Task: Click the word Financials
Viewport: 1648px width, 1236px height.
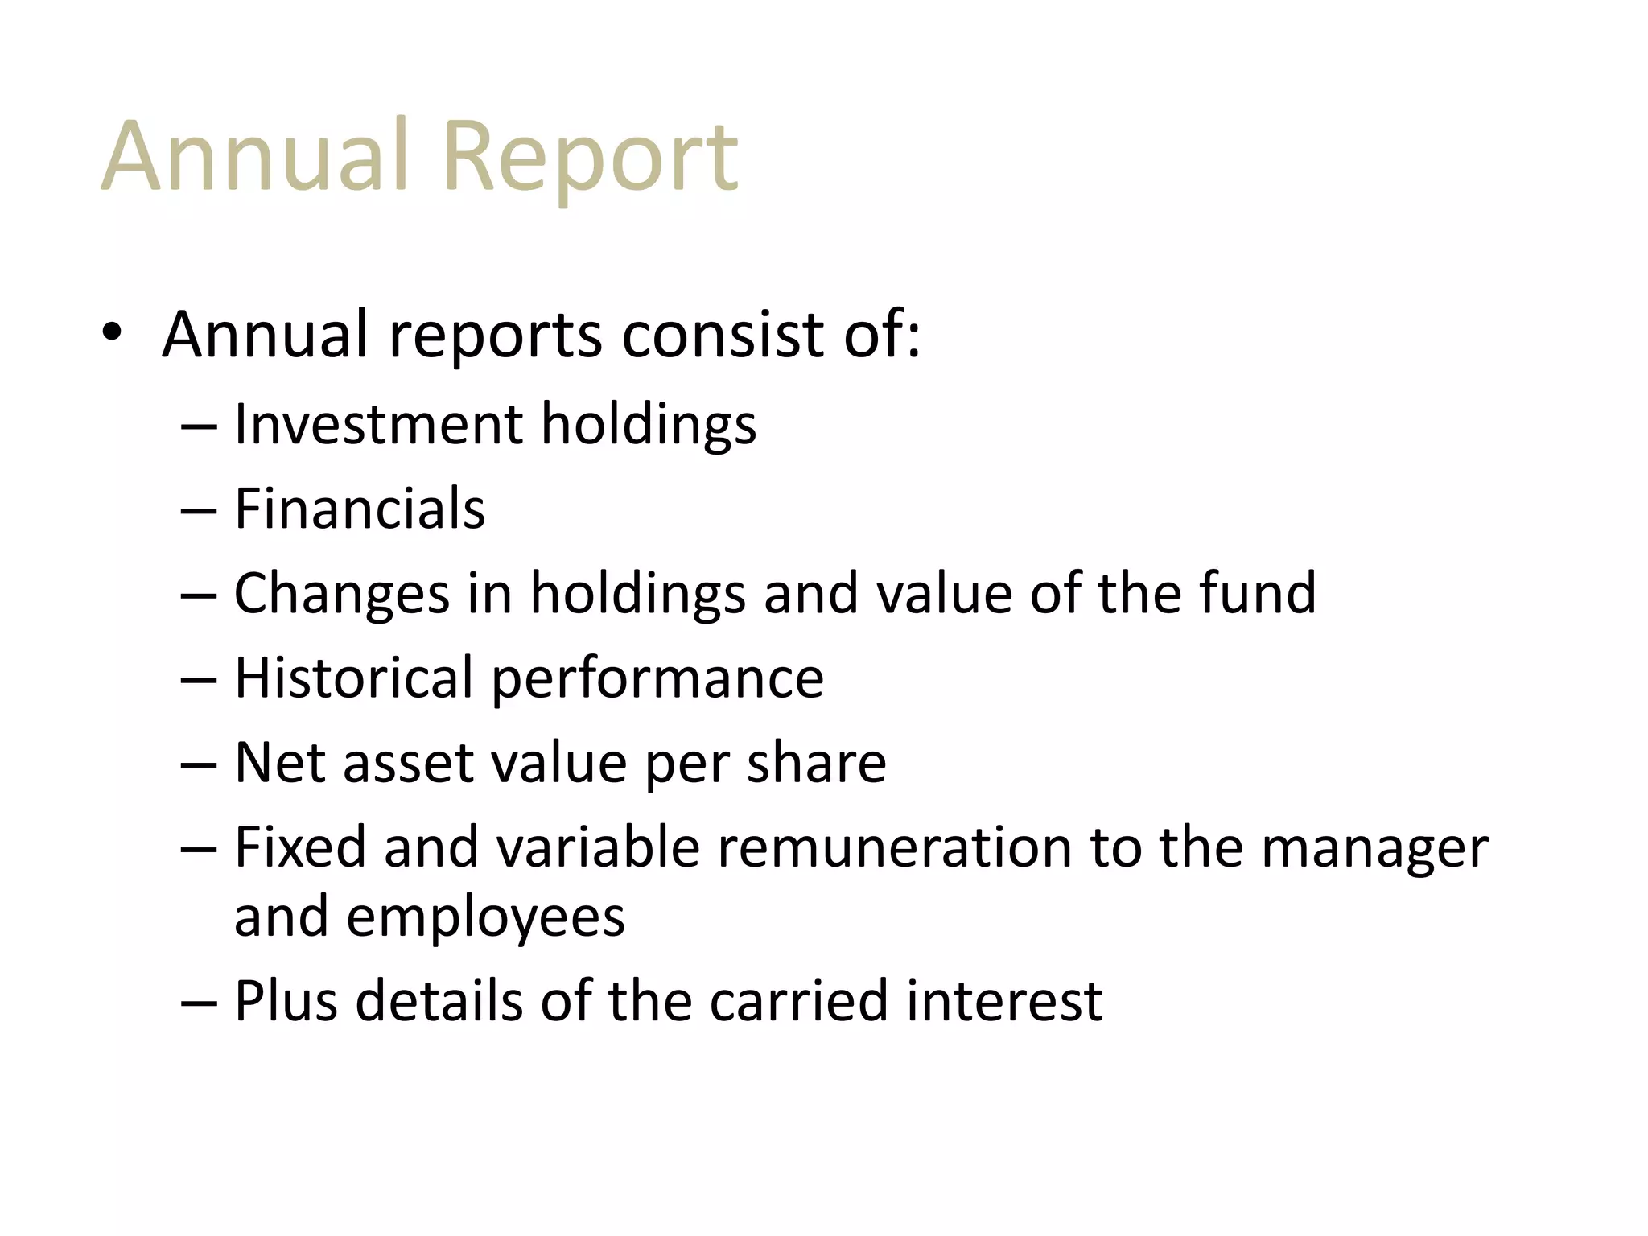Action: pos(360,509)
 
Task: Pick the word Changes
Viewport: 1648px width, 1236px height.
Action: pos(341,594)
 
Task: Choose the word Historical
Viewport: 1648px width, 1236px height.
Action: pos(353,678)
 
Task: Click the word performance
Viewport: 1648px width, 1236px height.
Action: pos(657,679)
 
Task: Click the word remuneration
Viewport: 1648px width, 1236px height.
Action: pos(894,847)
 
